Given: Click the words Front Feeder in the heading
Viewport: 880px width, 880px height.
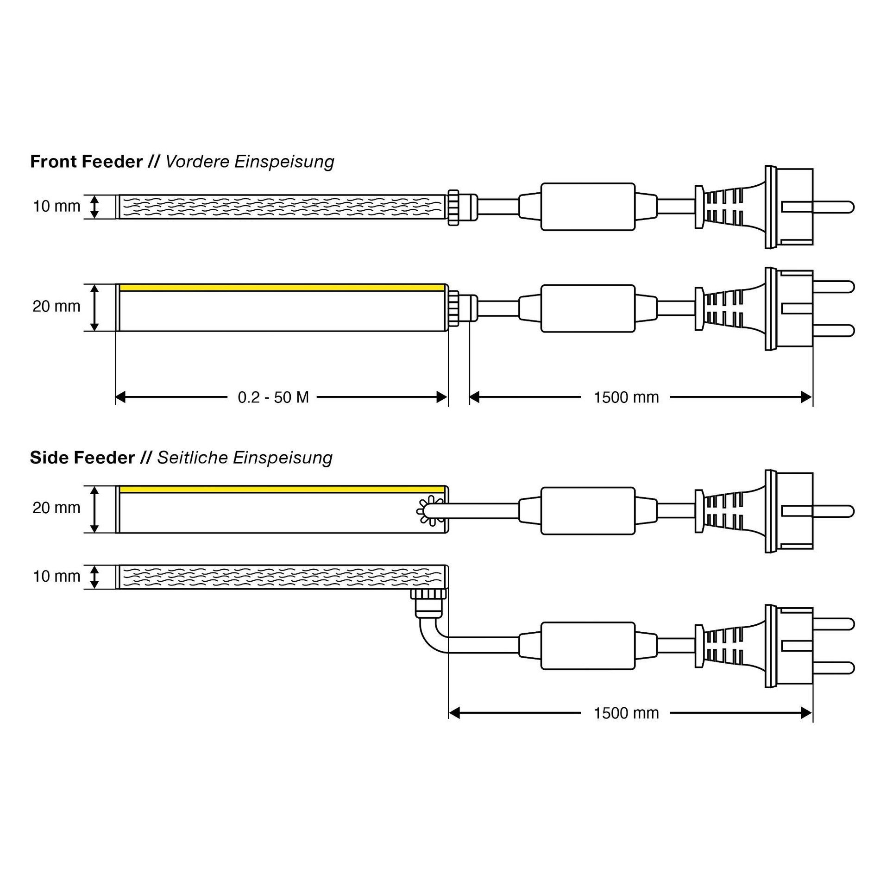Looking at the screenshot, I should (86, 162).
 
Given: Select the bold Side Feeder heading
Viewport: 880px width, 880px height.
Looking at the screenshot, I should (82, 458).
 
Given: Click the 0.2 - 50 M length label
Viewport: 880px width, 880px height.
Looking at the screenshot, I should (273, 397).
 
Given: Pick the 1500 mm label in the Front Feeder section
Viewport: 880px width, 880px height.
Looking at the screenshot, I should (626, 397).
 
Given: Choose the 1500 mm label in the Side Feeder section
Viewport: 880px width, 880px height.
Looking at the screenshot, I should (626, 713).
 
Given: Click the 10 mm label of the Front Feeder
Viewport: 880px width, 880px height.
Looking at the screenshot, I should (57, 206).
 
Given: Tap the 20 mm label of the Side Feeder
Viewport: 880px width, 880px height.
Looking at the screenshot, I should (57, 508).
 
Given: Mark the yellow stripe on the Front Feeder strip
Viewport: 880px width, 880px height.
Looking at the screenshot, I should (282, 288).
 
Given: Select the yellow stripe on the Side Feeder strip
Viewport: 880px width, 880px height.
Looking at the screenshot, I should (282, 490).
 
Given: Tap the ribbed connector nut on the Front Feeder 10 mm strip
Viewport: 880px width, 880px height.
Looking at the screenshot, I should (453, 207).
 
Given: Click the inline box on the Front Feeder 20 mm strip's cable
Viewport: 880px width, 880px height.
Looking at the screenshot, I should (588, 308).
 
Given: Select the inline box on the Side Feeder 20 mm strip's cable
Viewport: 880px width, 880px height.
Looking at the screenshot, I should (588, 510).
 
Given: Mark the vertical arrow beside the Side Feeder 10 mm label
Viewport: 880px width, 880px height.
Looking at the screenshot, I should (94, 577).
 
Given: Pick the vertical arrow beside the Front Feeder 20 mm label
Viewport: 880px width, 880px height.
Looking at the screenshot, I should (94, 308).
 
